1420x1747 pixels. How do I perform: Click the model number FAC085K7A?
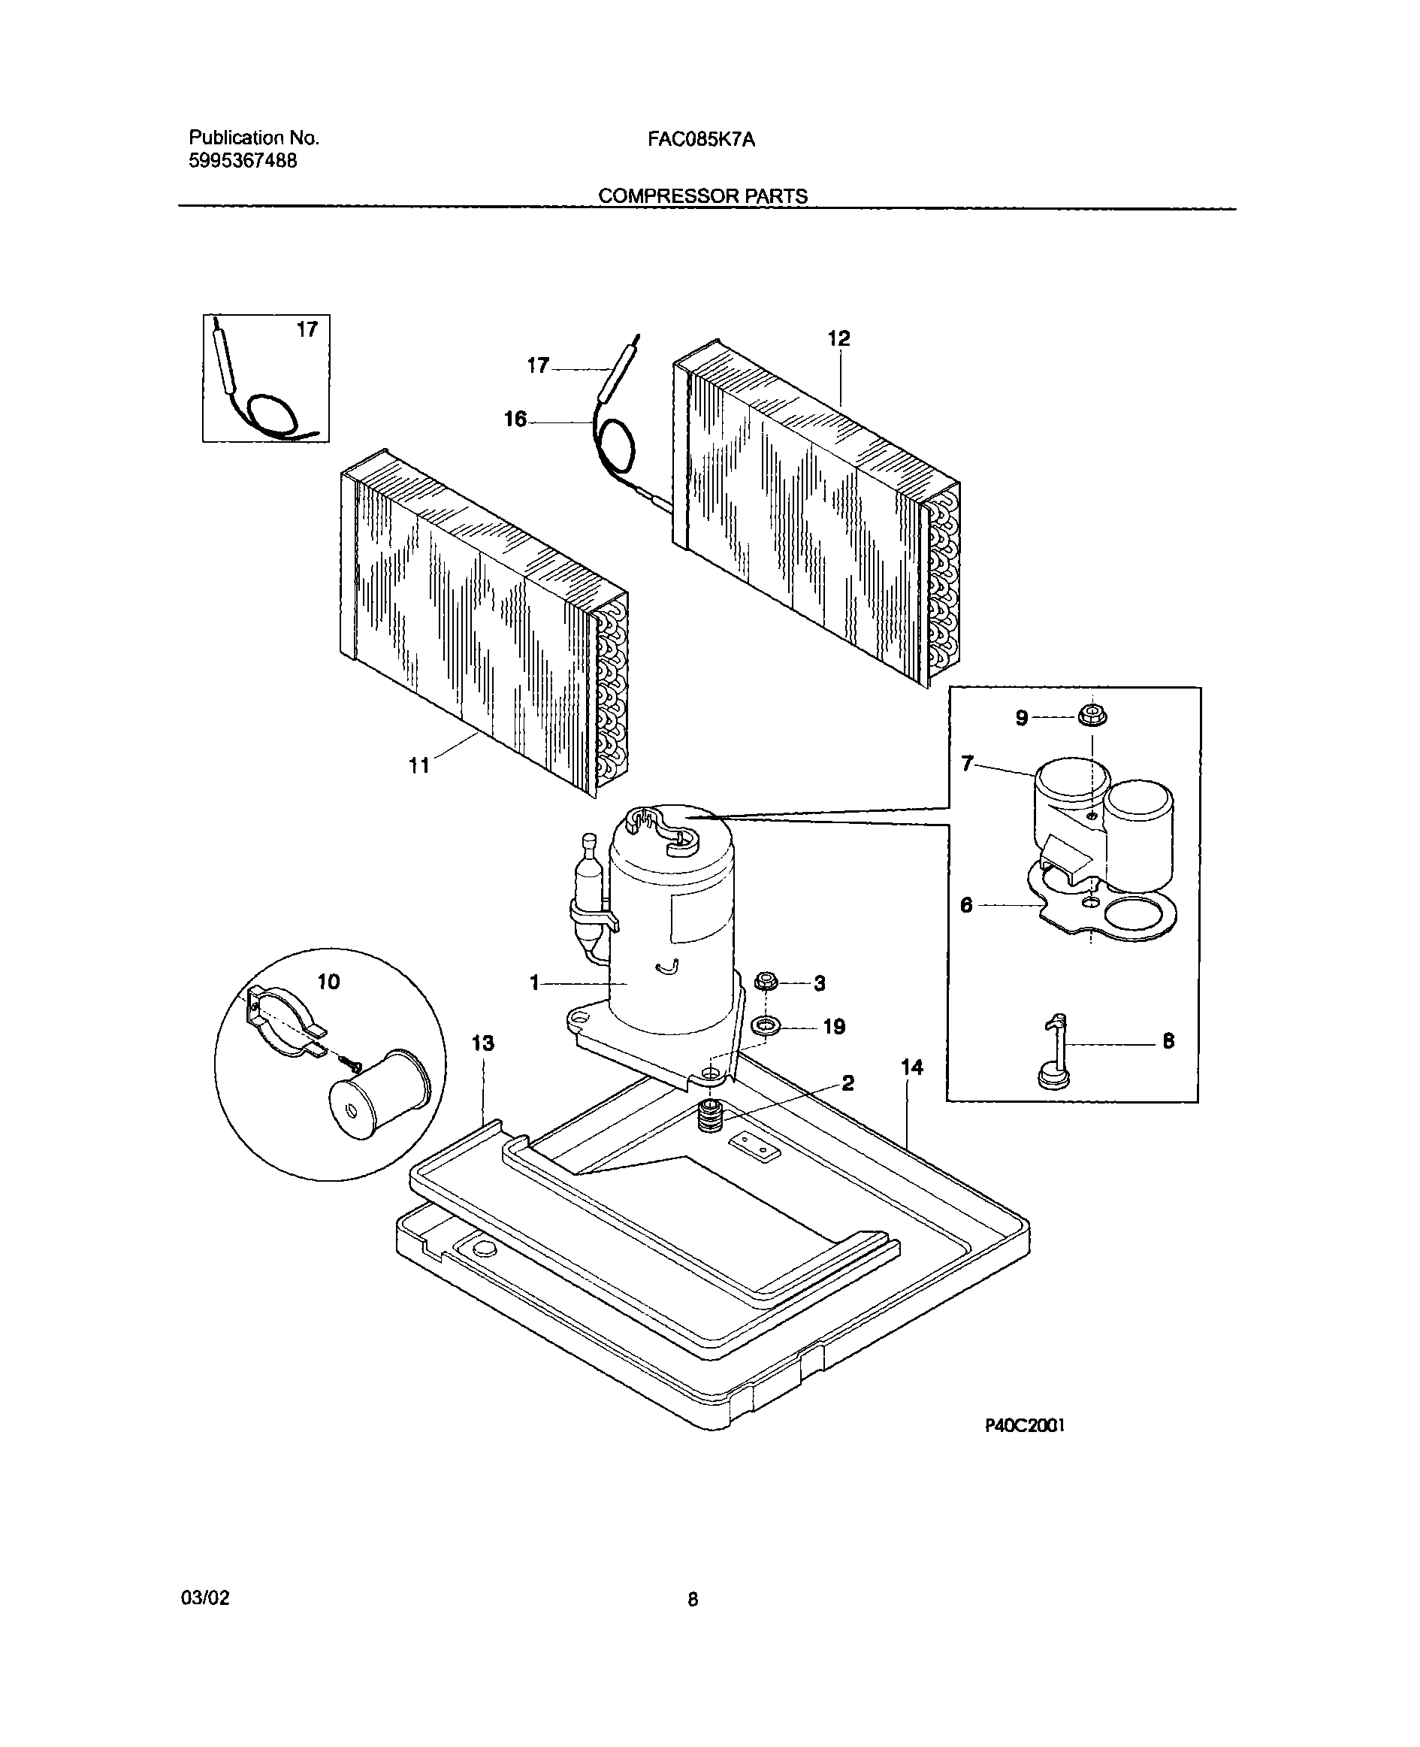point(701,140)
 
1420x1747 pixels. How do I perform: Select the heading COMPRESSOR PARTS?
point(702,196)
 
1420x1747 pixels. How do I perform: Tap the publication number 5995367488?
point(243,161)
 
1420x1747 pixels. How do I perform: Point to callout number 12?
point(838,338)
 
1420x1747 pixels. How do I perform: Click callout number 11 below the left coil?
point(418,766)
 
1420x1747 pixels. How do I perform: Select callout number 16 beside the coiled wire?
point(515,419)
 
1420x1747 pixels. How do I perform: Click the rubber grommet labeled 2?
point(710,1116)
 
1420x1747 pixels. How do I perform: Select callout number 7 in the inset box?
point(968,765)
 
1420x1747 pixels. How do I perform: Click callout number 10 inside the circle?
point(328,982)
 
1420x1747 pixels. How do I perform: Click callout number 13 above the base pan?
point(482,1043)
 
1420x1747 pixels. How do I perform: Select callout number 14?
point(911,1068)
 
